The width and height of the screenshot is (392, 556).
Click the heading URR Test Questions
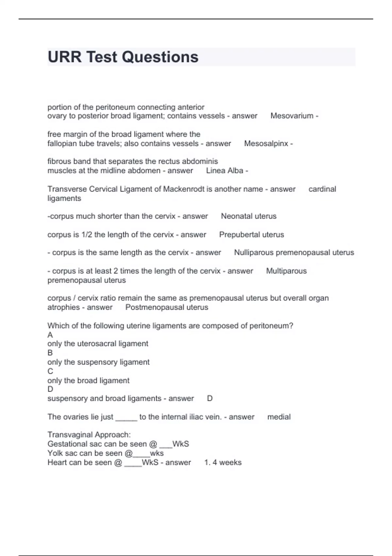pos(123,57)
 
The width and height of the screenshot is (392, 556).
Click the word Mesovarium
pos(292,116)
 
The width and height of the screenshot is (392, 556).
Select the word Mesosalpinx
pos(266,144)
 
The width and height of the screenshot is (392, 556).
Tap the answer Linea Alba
pos(225,171)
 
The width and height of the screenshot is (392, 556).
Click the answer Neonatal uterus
pos(249,216)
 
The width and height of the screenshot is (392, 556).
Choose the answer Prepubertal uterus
pos(252,235)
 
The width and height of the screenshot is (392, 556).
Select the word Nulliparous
pos(253,252)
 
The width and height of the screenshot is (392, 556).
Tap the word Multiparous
pos(286,271)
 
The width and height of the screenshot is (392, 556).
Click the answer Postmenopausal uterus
pos(167,307)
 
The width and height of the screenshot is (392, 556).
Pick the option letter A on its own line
pos(50,335)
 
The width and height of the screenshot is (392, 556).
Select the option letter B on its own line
pos(50,353)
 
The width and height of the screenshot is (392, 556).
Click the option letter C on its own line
pos(50,371)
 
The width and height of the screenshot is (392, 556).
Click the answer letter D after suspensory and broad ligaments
pos(210,399)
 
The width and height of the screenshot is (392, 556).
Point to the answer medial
pos(279,417)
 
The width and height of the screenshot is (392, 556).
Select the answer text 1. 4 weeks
pos(223,462)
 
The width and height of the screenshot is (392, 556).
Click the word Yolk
pos(55,453)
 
